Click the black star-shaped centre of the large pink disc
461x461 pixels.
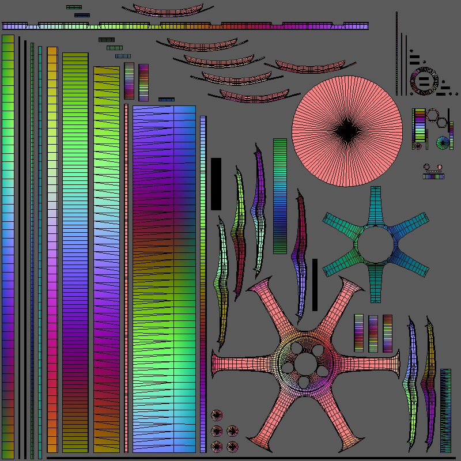(347, 132)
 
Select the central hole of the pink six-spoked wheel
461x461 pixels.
(303, 364)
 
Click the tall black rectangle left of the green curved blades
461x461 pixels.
(216, 184)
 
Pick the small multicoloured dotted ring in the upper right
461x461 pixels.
(424, 81)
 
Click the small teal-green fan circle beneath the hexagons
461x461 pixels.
(443, 142)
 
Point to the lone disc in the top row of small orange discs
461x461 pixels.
(217, 415)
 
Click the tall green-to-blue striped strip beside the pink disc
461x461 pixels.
(280, 196)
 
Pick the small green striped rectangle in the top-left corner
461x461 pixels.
(74, 7)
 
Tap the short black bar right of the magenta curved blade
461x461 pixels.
(315, 285)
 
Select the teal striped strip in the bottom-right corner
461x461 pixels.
(445, 410)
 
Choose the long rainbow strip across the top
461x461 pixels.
(184, 26)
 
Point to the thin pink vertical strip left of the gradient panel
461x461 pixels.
(127, 277)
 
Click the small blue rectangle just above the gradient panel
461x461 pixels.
(167, 99)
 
